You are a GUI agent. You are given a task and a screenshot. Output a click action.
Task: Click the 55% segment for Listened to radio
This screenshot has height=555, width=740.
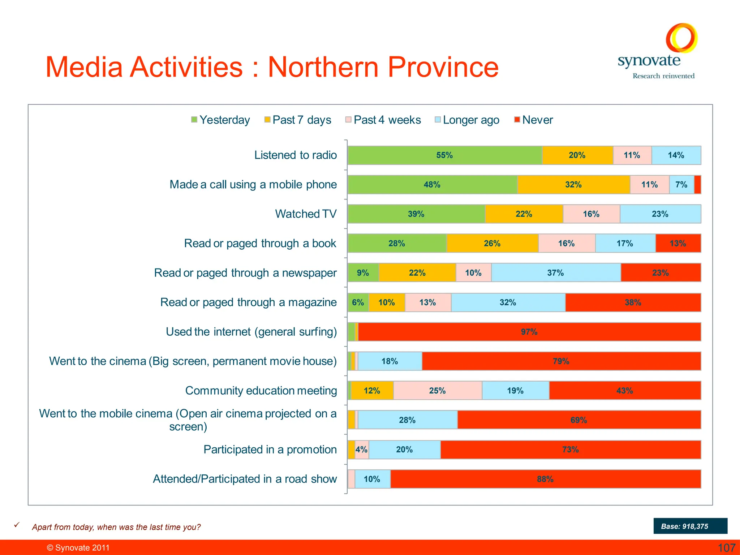444,155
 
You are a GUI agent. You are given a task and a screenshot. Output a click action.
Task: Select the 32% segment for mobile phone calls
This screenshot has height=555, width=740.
573,185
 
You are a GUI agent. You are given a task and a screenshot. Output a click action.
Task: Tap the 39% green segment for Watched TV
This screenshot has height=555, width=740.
416,214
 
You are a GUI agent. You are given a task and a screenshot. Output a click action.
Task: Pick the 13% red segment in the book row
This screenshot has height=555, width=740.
678,244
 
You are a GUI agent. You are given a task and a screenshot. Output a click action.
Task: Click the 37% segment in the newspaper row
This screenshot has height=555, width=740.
556,273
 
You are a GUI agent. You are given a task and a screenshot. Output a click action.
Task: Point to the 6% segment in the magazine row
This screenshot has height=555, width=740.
358,302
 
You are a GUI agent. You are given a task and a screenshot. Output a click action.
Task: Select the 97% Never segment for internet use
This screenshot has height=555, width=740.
529,332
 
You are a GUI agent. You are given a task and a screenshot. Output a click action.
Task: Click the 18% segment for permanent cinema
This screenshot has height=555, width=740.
390,361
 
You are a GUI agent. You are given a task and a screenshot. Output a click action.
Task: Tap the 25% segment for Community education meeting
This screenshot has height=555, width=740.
437,391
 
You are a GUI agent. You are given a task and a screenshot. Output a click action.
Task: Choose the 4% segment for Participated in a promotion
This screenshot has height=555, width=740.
362,449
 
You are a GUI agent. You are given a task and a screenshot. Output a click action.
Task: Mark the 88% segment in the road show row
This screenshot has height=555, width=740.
545,479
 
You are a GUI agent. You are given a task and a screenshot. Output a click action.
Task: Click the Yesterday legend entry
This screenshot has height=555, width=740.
220,120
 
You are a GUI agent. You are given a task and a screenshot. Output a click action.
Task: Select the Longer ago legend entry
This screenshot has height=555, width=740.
467,120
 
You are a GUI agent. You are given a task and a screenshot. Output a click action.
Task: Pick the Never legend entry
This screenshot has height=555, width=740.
533,120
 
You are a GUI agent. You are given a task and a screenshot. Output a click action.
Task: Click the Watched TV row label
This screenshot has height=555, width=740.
306,214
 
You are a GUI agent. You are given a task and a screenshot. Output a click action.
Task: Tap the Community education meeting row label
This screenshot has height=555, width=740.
261,391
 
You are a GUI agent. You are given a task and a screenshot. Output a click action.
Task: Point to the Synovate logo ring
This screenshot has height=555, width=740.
681,38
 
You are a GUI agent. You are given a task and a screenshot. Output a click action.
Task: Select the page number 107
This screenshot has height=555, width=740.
726,548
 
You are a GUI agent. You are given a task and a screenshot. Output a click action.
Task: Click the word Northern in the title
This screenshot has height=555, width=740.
323,67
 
